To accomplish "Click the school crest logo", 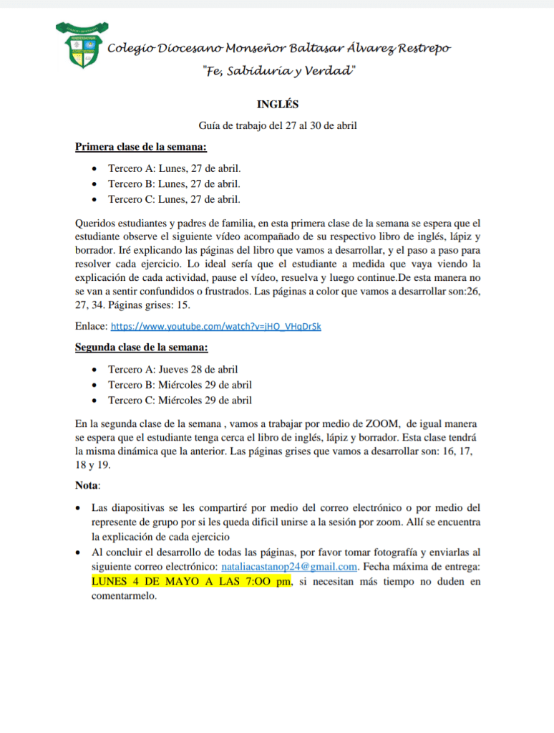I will coord(80,44).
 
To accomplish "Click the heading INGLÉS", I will coord(277,105).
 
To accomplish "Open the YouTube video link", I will coord(216,327).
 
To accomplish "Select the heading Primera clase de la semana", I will coord(141,148).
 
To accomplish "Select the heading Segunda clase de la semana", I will coord(142,348).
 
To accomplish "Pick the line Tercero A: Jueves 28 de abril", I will coord(172,370).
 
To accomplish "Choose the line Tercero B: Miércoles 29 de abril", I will coord(180,385).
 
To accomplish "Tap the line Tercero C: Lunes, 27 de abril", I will coord(174,199).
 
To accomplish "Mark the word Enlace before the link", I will coord(91,327).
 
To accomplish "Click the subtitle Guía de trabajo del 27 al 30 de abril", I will coord(278,126).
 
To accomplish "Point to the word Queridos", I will coord(95,224).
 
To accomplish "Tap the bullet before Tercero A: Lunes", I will coord(95,169).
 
